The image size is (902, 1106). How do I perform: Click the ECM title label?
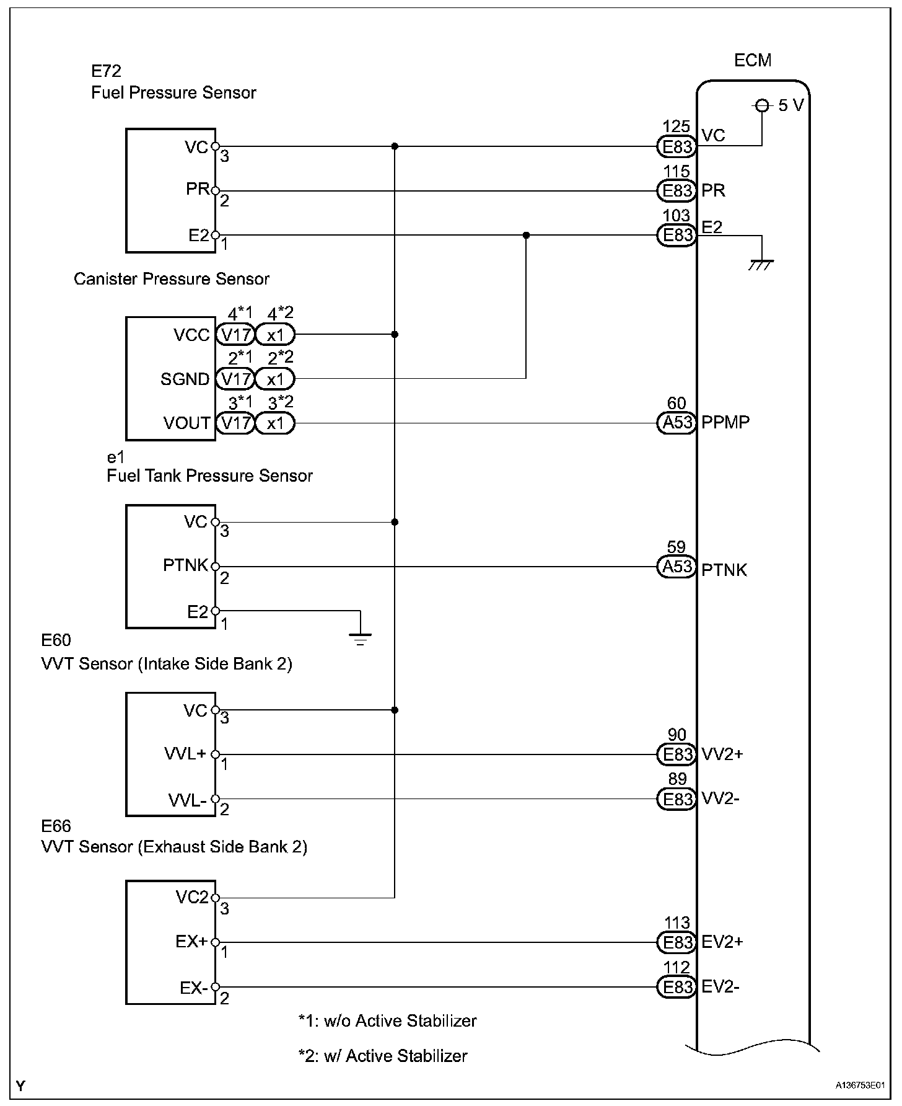[753, 60]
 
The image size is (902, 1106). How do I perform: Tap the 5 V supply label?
[790, 105]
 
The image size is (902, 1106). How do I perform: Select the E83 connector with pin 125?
[676, 147]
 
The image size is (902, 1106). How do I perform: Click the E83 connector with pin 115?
[676, 191]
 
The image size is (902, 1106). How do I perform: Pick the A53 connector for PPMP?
[676, 423]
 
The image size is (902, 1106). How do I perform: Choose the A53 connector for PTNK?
[676, 567]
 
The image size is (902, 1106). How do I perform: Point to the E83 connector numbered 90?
[676, 754]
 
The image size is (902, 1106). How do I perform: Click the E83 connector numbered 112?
[676, 986]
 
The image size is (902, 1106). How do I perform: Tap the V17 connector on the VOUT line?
[235, 423]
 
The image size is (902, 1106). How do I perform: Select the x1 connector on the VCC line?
[275, 335]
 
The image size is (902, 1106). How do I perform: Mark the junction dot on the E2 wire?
[526, 236]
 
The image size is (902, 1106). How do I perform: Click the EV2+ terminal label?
[722, 942]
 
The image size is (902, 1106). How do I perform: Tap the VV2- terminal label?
[720, 799]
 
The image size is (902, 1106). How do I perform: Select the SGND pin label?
[185, 379]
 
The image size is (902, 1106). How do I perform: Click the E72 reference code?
[106, 71]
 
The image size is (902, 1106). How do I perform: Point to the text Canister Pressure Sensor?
[172, 279]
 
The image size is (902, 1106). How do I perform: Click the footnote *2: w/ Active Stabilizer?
[383, 1056]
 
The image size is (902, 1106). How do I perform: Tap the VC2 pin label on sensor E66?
[191, 897]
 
